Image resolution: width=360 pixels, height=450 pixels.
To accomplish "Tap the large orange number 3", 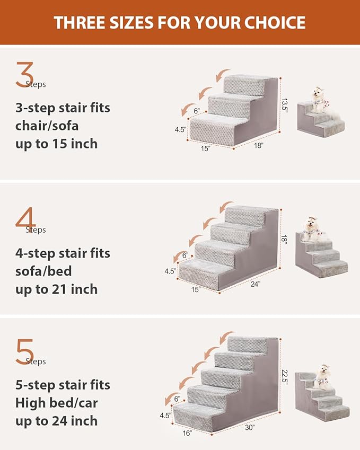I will point(24,75).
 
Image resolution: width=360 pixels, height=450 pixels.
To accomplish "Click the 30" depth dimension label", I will point(250,427).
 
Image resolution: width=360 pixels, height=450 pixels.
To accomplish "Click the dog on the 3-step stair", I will point(319,99).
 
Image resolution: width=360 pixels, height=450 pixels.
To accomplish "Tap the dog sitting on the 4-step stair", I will point(312,228).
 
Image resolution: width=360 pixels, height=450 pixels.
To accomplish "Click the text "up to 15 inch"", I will point(57,144).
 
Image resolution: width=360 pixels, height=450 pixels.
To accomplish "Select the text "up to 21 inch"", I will point(57,289).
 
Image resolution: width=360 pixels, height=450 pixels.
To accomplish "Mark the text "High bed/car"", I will point(57,403).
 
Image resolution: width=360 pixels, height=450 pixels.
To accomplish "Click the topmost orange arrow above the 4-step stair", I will point(227,205).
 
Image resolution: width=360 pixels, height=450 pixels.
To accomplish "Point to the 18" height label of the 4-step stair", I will point(284,240).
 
